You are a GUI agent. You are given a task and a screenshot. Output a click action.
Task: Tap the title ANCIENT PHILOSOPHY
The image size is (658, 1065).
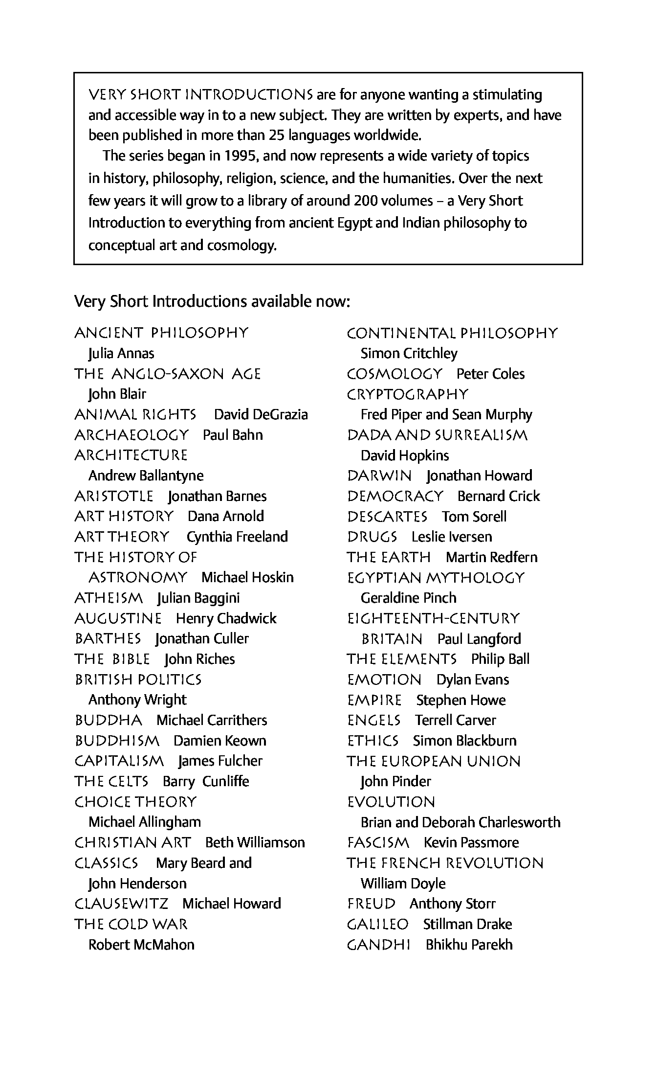pyautogui.click(x=161, y=333)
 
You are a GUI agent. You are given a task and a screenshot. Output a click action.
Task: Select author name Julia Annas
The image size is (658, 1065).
pyautogui.click(x=121, y=353)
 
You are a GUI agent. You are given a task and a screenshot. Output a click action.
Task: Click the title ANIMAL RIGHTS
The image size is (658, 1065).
pyautogui.click(x=135, y=415)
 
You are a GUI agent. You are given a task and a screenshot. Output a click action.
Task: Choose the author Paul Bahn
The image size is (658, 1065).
pyautogui.click(x=233, y=435)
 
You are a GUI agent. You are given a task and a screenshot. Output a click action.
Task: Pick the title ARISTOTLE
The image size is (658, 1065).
pyautogui.click(x=114, y=497)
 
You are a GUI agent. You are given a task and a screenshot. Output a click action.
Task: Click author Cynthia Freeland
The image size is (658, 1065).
pyautogui.click(x=237, y=537)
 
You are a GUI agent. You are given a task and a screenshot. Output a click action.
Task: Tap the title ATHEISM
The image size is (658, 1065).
pyautogui.click(x=109, y=598)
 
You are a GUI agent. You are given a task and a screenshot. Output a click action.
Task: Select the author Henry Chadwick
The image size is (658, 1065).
pyautogui.click(x=226, y=618)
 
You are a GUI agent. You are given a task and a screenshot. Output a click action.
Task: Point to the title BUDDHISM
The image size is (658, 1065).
pyautogui.click(x=117, y=741)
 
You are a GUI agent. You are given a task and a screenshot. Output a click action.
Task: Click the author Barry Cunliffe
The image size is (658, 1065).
pyautogui.click(x=206, y=781)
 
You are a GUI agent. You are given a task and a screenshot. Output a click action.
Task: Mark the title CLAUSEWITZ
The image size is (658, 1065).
pyautogui.click(x=121, y=904)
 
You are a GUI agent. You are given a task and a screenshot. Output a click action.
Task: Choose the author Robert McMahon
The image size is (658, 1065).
pyautogui.click(x=141, y=944)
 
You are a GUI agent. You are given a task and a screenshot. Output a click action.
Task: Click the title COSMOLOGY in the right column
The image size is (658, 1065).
pyautogui.click(x=394, y=374)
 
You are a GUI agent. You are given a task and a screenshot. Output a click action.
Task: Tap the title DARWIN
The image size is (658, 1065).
pyautogui.click(x=379, y=476)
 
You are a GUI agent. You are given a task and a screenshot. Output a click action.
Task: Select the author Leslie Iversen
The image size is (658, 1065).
pyautogui.click(x=452, y=537)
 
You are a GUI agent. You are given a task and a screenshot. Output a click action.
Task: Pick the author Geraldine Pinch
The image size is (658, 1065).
pyautogui.click(x=408, y=598)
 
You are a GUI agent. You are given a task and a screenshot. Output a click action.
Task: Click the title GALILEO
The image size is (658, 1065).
pyautogui.click(x=377, y=924)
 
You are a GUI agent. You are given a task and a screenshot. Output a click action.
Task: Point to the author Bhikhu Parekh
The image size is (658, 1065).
pyautogui.click(x=469, y=944)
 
